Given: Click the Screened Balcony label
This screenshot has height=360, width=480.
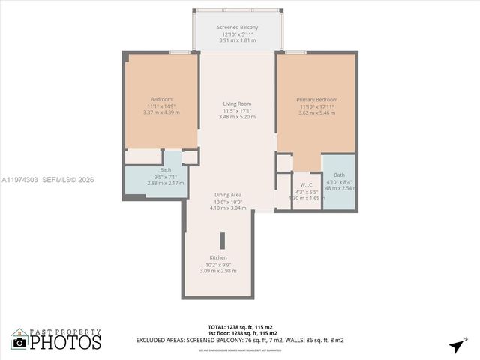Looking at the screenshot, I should (237, 28).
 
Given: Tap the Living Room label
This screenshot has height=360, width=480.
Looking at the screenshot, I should (237, 103).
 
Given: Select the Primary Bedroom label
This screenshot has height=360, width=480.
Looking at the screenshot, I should (316, 100).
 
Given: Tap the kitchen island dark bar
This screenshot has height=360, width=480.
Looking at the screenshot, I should (222, 241).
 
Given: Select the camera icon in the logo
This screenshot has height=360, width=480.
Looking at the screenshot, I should (19, 342).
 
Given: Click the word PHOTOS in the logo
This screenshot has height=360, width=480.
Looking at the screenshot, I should (65, 342).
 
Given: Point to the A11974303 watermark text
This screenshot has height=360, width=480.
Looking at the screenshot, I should (19, 180).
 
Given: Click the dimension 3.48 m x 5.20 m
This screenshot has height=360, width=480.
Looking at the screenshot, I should (237, 117).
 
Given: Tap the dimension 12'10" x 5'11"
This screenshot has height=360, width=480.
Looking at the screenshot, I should (237, 34).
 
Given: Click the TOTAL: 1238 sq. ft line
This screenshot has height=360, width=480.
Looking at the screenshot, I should (240, 327).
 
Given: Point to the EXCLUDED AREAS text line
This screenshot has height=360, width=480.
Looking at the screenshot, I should (240, 340).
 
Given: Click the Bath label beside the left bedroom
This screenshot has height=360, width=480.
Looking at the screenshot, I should (165, 170).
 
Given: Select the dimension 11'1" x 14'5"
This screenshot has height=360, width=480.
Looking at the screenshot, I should (161, 106).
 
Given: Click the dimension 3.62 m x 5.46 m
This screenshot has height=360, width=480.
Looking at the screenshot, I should (316, 112).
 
